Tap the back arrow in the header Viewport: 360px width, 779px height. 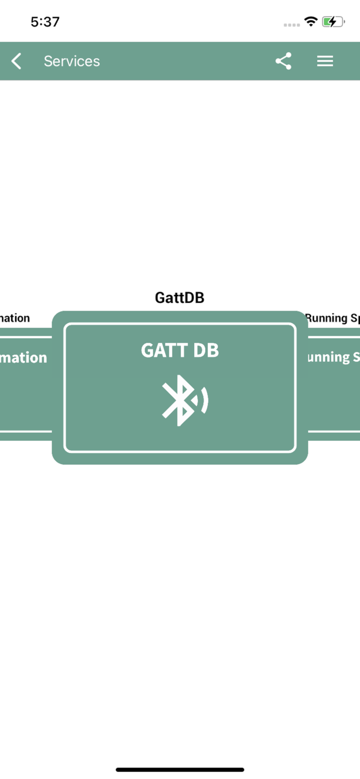pyautogui.click(x=17, y=61)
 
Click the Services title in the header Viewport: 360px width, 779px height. pyautogui.click(x=72, y=61)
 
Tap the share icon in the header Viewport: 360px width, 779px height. pyautogui.click(x=283, y=61)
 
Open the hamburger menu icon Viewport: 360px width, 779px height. pyautogui.click(x=325, y=61)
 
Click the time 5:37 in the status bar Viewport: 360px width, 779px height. pyautogui.click(x=45, y=22)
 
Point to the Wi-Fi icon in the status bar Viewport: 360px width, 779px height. pyautogui.click(x=311, y=22)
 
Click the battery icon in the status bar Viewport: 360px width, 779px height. pyautogui.click(x=333, y=22)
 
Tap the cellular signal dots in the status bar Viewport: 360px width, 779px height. pyautogui.click(x=291, y=24)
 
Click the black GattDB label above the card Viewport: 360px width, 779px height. pyautogui.click(x=180, y=298)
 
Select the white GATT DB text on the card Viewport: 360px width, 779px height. pyautogui.click(x=180, y=351)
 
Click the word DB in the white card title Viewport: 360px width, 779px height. pyautogui.click(x=206, y=351)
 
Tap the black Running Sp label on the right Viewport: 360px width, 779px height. pyautogui.click(x=332, y=318)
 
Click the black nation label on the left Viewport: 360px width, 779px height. pyautogui.click(x=15, y=318)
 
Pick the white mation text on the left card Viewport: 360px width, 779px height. pyautogui.click(x=23, y=357)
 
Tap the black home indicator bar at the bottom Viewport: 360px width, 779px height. pyautogui.click(x=180, y=770)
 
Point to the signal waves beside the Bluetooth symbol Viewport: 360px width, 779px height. pyautogui.click(x=203, y=400)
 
